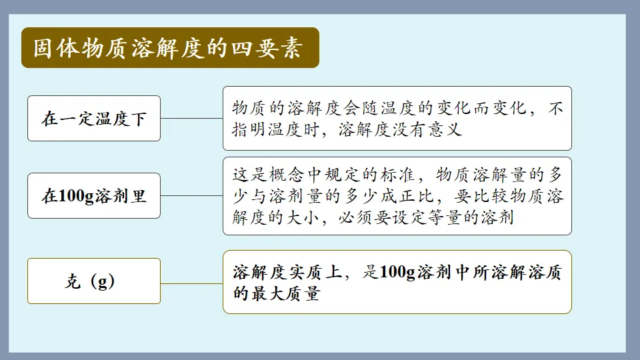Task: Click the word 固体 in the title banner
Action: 58,49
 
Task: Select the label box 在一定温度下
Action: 94,119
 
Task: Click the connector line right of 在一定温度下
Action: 191,119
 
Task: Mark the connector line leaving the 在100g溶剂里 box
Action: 191,196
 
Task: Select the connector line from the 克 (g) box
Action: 191,283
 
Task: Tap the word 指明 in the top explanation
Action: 249,129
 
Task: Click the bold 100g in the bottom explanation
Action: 397,272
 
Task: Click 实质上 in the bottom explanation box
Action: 319,272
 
